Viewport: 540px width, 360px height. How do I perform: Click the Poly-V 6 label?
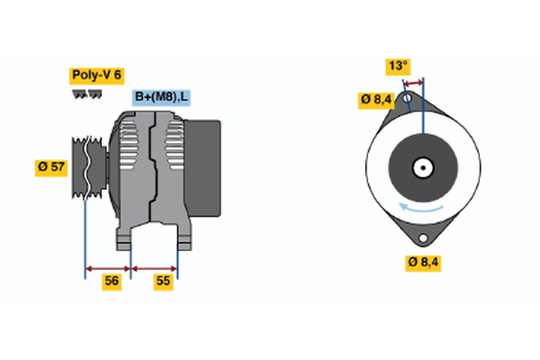point(95,76)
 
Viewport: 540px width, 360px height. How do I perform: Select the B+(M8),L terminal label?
point(162,97)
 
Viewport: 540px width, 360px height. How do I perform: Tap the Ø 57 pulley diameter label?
point(51,167)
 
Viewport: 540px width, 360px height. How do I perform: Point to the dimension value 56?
point(112,282)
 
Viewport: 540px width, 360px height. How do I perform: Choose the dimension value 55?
point(163,282)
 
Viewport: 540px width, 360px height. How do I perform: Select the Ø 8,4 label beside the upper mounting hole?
point(376,99)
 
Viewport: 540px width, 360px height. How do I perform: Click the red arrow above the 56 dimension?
point(108,267)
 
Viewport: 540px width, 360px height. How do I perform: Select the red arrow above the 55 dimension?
point(155,267)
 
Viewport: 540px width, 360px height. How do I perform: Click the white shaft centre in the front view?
point(422,167)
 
